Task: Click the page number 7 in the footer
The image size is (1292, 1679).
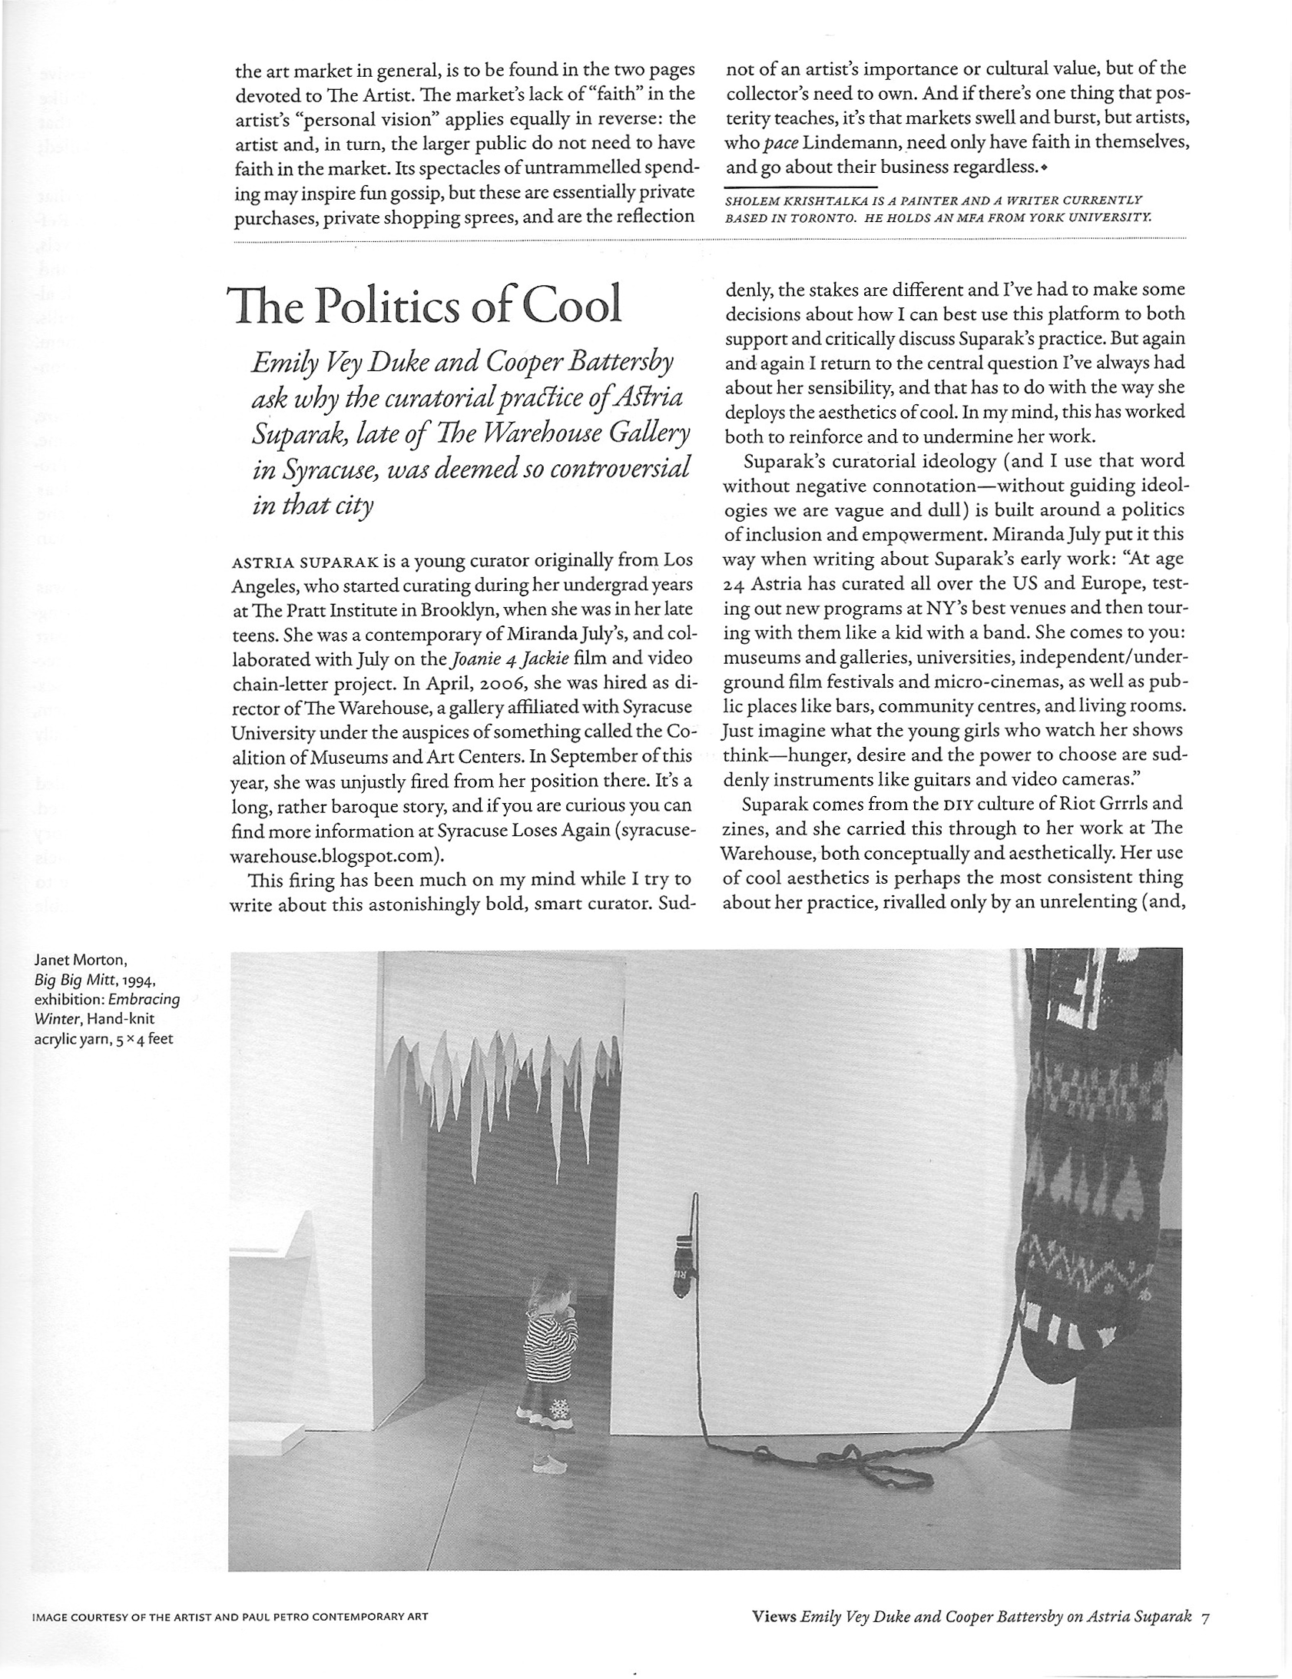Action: click(1205, 1614)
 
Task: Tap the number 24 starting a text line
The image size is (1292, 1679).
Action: click(736, 585)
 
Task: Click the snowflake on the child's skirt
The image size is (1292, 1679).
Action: click(558, 1411)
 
